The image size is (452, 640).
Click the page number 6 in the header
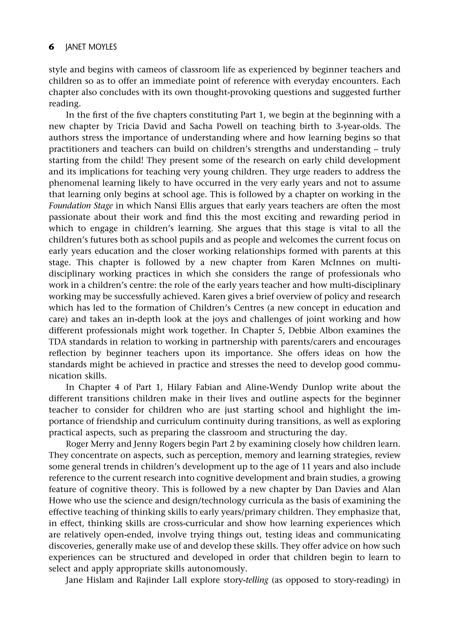[x=51, y=47]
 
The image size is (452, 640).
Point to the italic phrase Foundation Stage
[x=81, y=206]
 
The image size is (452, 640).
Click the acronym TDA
[x=58, y=342]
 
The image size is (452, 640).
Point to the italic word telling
[x=256, y=580]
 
